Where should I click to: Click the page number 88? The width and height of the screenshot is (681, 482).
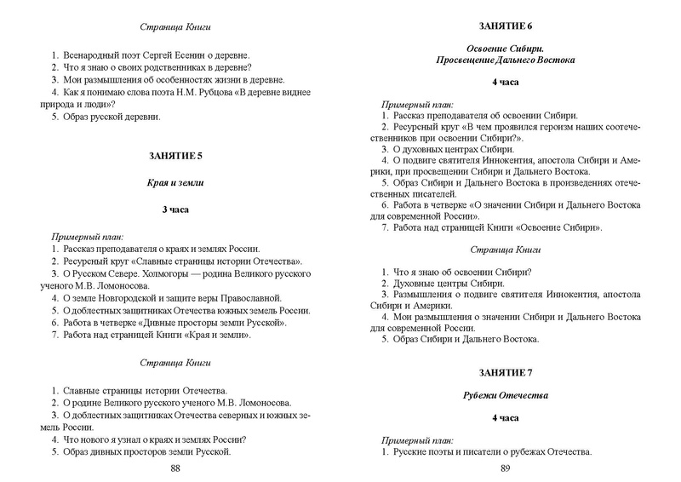[x=175, y=468]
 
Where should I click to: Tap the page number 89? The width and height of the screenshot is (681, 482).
[x=505, y=468]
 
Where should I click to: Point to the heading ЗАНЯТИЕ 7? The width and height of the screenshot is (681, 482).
[x=505, y=374]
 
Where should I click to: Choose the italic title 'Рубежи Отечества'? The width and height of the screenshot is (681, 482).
[x=505, y=395]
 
